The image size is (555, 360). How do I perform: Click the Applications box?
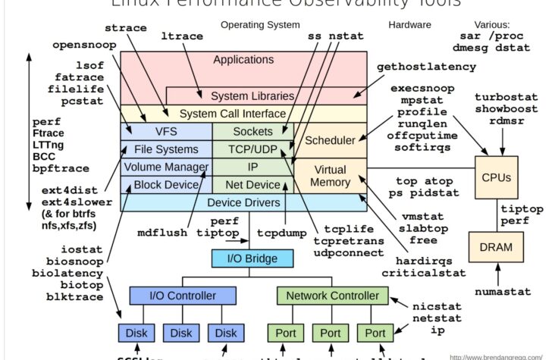[x=243, y=60]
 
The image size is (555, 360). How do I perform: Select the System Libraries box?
[x=252, y=96]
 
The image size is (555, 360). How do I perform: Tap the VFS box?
[x=166, y=131]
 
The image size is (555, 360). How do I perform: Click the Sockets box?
[x=252, y=131]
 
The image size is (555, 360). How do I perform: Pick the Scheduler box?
[x=330, y=140]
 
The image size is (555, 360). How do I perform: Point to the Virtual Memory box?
[x=330, y=176]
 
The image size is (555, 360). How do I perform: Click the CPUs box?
[x=497, y=177]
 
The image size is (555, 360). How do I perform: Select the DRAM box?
[x=497, y=247]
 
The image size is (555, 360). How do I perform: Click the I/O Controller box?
[x=172, y=295]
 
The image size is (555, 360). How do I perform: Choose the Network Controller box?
[x=328, y=295]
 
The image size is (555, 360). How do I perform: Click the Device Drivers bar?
[x=243, y=202]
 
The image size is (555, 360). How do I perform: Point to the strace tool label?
[x=125, y=28]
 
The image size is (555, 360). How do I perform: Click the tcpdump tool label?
[x=280, y=233]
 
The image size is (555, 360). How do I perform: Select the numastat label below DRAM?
[x=497, y=291]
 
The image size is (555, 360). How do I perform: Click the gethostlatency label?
[x=427, y=67]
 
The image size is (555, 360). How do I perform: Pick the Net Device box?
[x=252, y=184]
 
